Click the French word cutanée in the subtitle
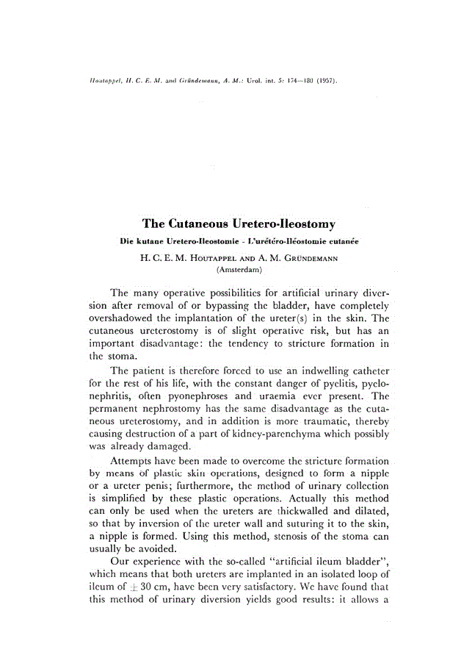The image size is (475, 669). click(338, 241)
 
